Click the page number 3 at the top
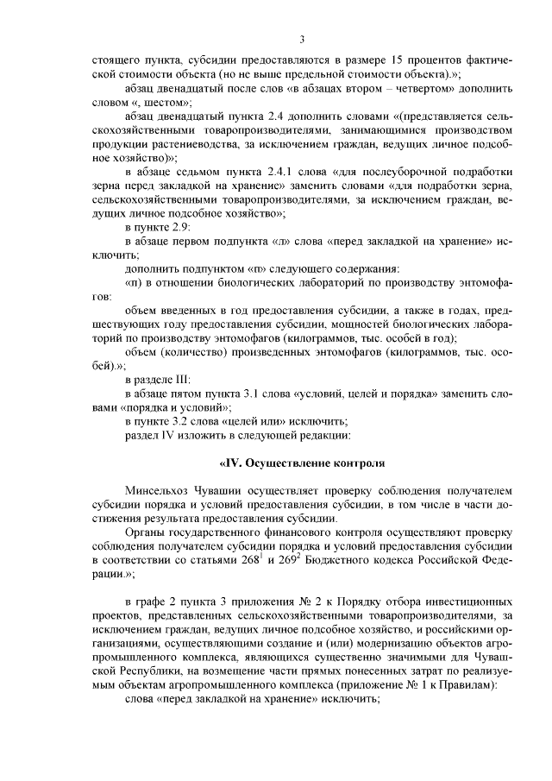(x=303, y=39)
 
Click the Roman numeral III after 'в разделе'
(x=182, y=379)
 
